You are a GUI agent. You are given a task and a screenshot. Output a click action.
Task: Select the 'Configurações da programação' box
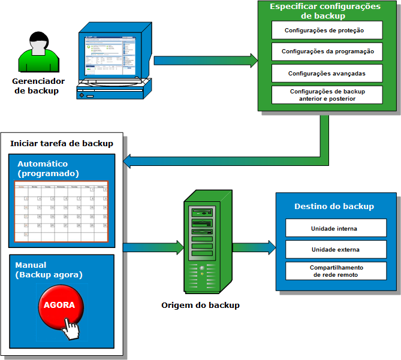coord(327,52)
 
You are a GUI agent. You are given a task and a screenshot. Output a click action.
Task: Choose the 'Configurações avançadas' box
coord(327,73)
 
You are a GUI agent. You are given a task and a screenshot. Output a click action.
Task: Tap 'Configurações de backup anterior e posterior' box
coord(327,95)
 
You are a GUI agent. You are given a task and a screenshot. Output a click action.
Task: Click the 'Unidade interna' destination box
coord(334,228)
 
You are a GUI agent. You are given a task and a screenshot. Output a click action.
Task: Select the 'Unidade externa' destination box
coord(334,249)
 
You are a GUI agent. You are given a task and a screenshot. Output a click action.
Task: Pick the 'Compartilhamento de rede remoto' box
coord(334,271)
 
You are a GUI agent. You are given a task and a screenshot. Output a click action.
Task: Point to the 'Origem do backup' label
coord(200,305)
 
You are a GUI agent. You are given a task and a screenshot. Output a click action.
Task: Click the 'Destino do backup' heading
coord(334,206)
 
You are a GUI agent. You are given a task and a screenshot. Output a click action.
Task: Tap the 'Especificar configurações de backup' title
coord(325,11)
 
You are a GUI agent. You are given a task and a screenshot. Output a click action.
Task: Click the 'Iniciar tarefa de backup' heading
coord(62,143)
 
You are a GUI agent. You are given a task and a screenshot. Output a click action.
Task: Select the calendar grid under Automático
coord(62,212)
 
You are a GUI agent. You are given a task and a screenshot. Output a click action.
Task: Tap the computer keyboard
coord(110,92)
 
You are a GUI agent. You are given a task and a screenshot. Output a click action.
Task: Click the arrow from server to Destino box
coord(254,247)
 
